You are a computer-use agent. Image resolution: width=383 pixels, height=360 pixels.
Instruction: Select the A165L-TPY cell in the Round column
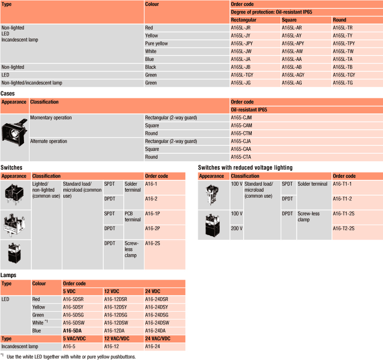[x=344, y=43]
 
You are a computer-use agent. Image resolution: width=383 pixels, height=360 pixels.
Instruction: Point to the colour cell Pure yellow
[x=156, y=43]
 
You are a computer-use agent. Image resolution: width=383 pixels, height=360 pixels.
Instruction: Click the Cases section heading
[x=7, y=93]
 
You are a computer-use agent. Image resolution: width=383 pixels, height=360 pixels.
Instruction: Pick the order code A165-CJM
[x=241, y=117]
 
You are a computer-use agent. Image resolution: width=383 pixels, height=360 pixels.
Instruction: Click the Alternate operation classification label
[x=48, y=141]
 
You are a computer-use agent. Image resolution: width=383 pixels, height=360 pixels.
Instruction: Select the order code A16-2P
[x=151, y=229]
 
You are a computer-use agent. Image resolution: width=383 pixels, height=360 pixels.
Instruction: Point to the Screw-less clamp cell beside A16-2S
[x=131, y=249]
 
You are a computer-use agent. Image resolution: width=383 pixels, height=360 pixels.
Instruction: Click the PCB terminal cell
[x=133, y=216]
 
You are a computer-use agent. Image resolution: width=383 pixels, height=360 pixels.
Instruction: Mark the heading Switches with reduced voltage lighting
[x=245, y=168]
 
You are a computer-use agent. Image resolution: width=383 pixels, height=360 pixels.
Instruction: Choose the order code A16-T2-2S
[x=344, y=228]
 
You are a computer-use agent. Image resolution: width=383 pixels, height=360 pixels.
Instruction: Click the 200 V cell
[x=237, y=228]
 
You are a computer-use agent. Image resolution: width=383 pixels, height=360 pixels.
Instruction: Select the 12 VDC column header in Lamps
[x=112, y=291]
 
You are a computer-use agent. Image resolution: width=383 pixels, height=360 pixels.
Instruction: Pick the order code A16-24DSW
[x=157, y=323]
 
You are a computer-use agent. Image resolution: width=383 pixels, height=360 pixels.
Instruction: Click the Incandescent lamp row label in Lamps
[x=20, y=346]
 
